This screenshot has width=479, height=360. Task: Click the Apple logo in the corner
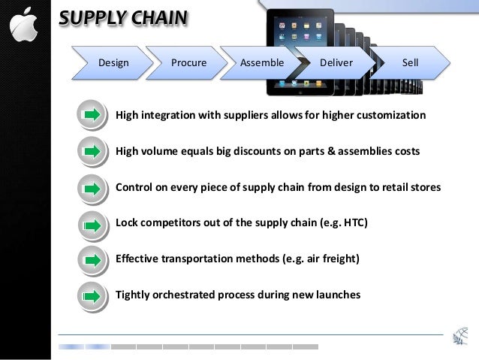pos(24,27)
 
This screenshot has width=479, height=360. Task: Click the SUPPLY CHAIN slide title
pos(124,18)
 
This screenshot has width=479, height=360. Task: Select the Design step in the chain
pos(113,63)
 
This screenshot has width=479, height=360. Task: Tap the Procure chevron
pos(188,63)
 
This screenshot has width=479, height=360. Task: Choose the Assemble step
pos(261,63)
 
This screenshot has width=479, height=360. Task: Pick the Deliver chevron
pos(336,63)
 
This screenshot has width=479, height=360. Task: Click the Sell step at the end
pos(410,63)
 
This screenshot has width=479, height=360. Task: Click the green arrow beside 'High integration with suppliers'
pos(92,115)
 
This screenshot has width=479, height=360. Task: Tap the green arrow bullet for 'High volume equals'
pos(92,151)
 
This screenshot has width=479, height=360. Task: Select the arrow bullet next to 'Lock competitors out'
pos(92,223)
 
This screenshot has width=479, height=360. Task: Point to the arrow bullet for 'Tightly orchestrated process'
pos(92,295)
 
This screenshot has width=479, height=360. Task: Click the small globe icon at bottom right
pos(459,337)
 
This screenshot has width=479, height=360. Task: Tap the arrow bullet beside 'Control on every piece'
pos(92,187)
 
